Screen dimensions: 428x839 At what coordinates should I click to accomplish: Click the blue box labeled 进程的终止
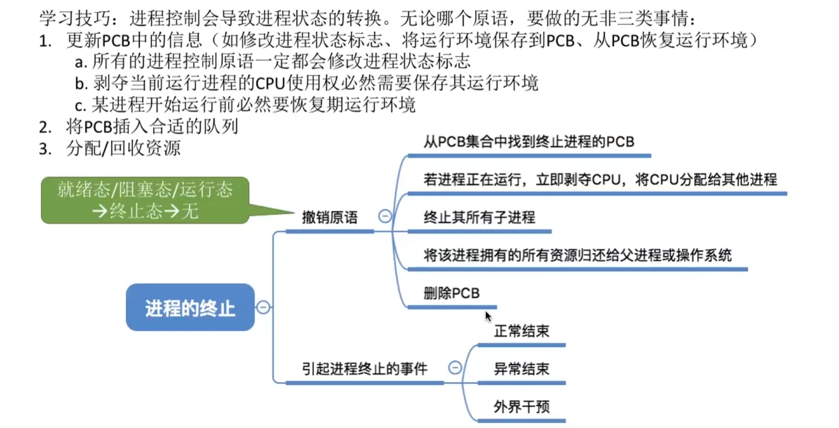190,307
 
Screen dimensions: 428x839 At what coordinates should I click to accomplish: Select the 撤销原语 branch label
329,217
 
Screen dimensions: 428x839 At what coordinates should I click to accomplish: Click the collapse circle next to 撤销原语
385,216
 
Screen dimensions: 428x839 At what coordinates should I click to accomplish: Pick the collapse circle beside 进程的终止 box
263,307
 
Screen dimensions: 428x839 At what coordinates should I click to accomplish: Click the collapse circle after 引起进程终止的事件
455,368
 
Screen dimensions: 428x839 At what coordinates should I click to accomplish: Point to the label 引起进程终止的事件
364,369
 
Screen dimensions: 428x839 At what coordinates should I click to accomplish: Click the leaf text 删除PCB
451,293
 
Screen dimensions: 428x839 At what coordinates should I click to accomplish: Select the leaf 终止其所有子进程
479,217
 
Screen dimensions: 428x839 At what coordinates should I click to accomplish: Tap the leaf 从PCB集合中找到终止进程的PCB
529,142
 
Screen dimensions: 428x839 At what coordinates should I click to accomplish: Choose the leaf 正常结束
521,331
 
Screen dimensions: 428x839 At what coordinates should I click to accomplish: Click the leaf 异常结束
521,369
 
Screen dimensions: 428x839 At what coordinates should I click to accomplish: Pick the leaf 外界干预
521,407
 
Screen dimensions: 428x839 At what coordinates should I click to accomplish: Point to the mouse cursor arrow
488,316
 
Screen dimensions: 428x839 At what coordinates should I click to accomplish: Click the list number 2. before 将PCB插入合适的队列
45,127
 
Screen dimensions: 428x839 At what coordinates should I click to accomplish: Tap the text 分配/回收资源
123,148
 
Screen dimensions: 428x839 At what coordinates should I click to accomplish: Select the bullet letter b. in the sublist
81,83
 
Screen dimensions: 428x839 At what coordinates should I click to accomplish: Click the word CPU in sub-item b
270,83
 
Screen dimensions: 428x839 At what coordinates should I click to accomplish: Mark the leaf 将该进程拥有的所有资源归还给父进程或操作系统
577,255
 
